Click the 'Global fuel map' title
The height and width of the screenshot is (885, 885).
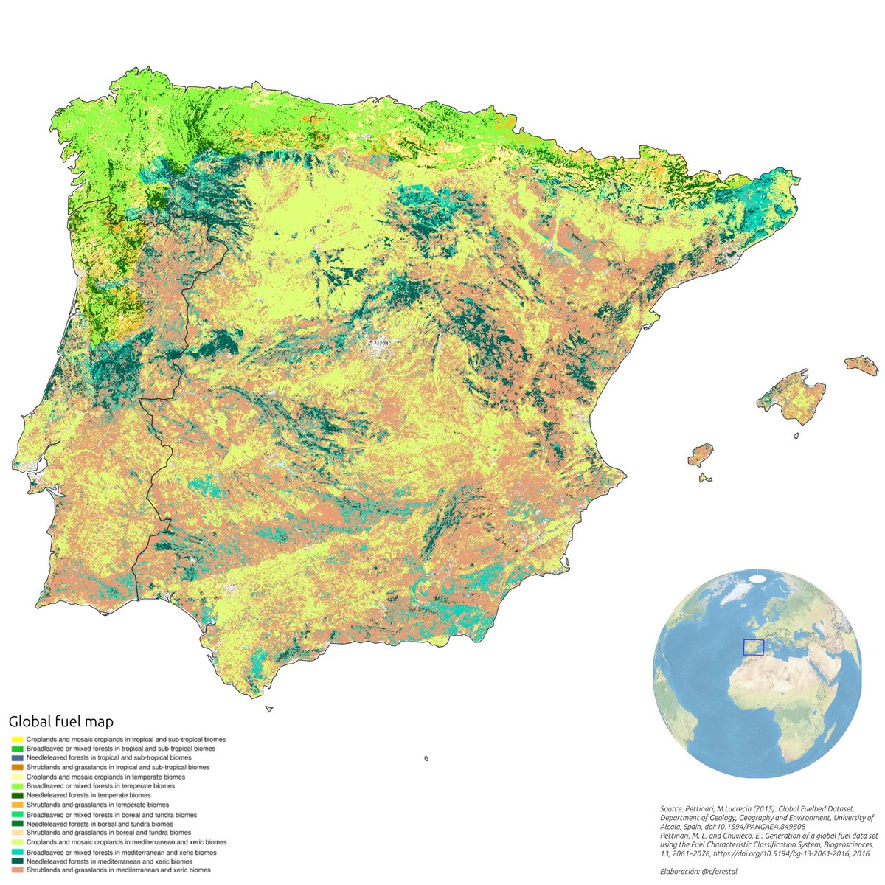pos(60,721)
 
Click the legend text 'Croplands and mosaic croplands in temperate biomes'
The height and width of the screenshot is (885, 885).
pos(105,777)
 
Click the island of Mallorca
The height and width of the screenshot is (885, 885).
pos(794,399)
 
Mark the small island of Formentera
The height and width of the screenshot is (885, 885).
pos(706,478)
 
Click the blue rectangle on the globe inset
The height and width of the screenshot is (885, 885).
pos(753,647)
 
